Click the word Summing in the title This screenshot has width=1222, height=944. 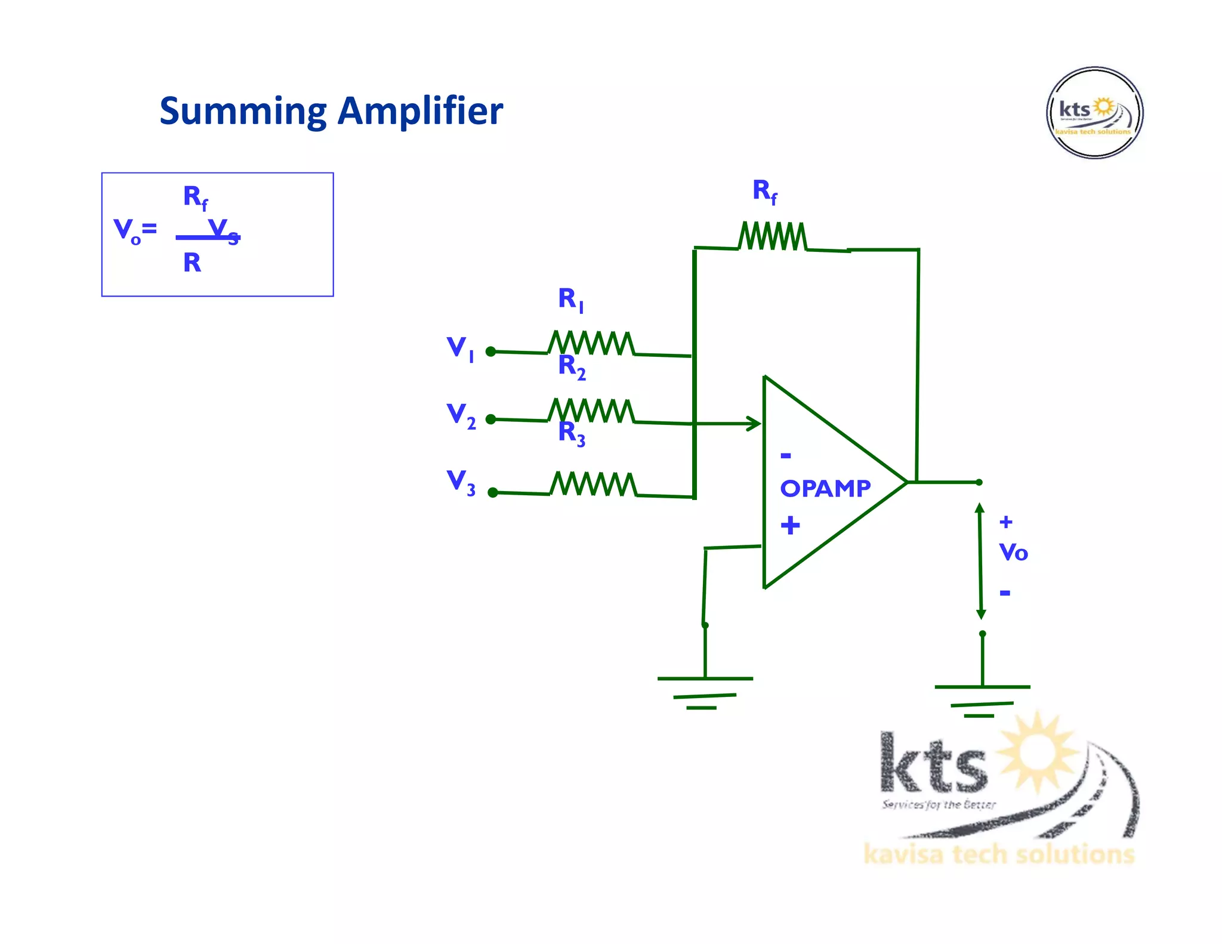click(243, 112)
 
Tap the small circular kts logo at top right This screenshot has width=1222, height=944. click(1094, 113)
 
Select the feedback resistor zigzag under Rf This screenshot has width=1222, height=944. click(772, 236)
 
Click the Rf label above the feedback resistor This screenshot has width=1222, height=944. click(764, 192)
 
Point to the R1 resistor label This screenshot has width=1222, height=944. click(570, 299)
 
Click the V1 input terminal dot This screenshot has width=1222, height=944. click(490, 351)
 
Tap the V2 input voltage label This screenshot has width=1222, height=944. click(461, 415)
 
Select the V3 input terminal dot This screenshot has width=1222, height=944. click(493, 492)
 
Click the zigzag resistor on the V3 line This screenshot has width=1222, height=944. click(593, 484)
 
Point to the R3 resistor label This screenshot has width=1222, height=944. click(571, 433)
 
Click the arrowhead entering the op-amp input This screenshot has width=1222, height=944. click(754, 424)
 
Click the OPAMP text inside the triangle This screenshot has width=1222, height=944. click(825, 489)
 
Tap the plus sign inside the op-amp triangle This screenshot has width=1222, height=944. click(790, 525)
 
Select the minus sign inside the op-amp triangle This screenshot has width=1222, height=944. click(786, 456)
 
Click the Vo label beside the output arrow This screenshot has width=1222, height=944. click(1013, 552)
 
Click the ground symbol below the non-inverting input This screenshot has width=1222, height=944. click(705, 692)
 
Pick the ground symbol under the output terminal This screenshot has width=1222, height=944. click(982, 701)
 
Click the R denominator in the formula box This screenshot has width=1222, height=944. click(192, 263)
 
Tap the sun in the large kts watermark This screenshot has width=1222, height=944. click(1039, 752)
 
